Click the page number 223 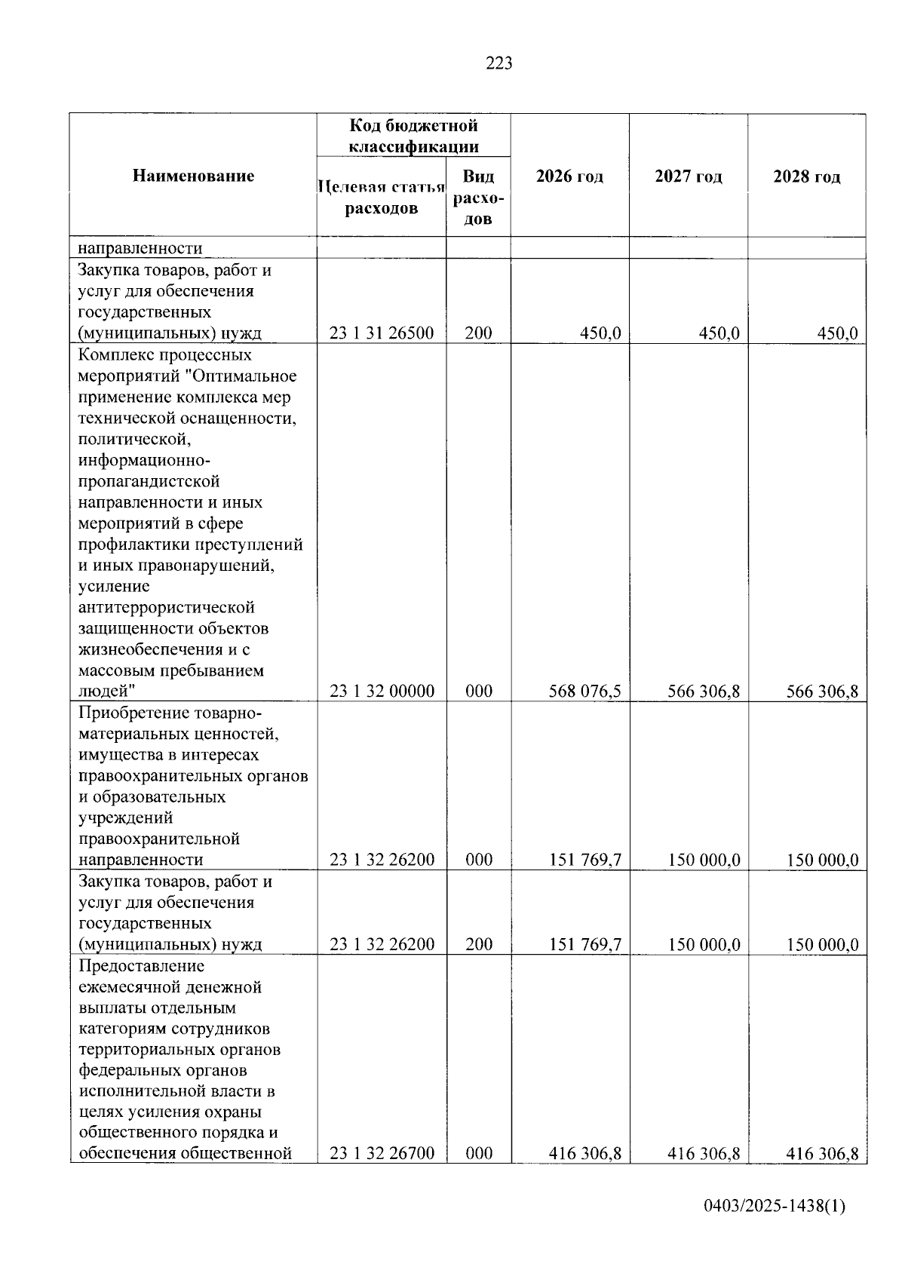[499, 64]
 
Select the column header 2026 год [569, 176]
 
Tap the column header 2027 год [688, 176]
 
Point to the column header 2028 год [806, 176]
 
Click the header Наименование [193, 176]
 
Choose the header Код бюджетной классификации [413, 135]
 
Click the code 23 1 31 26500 [382, 333]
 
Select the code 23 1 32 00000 [382, 692]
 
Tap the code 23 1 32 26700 [382, 1153]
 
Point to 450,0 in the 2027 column [719, 333]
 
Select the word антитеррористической [166, 608]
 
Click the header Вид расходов [478, 198]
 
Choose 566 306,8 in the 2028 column [821, 692]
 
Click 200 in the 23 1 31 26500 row [478, 333]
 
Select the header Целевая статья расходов [382, 198]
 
